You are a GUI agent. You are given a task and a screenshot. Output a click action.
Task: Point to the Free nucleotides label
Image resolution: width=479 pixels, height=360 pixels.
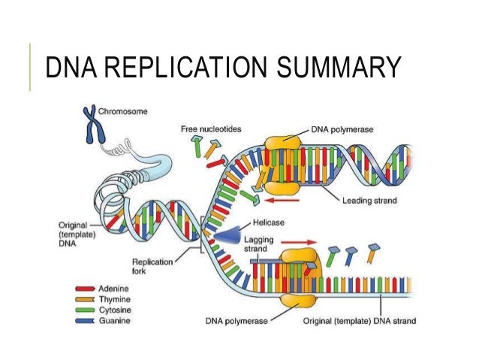pyautogui.click(x=211, y=129)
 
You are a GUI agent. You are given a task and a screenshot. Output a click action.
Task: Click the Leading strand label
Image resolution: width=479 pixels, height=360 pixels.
pyautogui.click(x=369, y=200)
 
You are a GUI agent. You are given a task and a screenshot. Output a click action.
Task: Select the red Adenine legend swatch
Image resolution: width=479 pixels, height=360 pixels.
pyautogui.click(x=83, y=289)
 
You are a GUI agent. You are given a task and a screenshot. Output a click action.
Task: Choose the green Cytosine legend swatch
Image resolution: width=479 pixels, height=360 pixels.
pyautogui.click(x=83, y=310)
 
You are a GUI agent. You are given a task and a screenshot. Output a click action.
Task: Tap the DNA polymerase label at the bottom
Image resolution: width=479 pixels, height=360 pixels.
pyautogui.click(x=236, y=321)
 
